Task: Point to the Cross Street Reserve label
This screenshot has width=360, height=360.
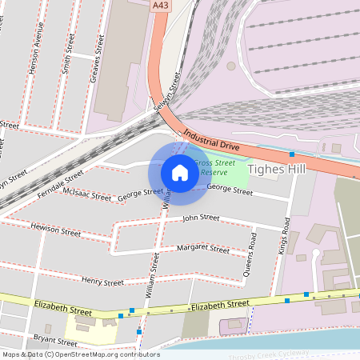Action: coord(214,167)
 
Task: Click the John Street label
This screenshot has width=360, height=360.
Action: coord(200,218)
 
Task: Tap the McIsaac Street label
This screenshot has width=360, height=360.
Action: coord(88,195)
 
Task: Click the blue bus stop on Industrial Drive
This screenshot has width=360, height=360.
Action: coord(292,153)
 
